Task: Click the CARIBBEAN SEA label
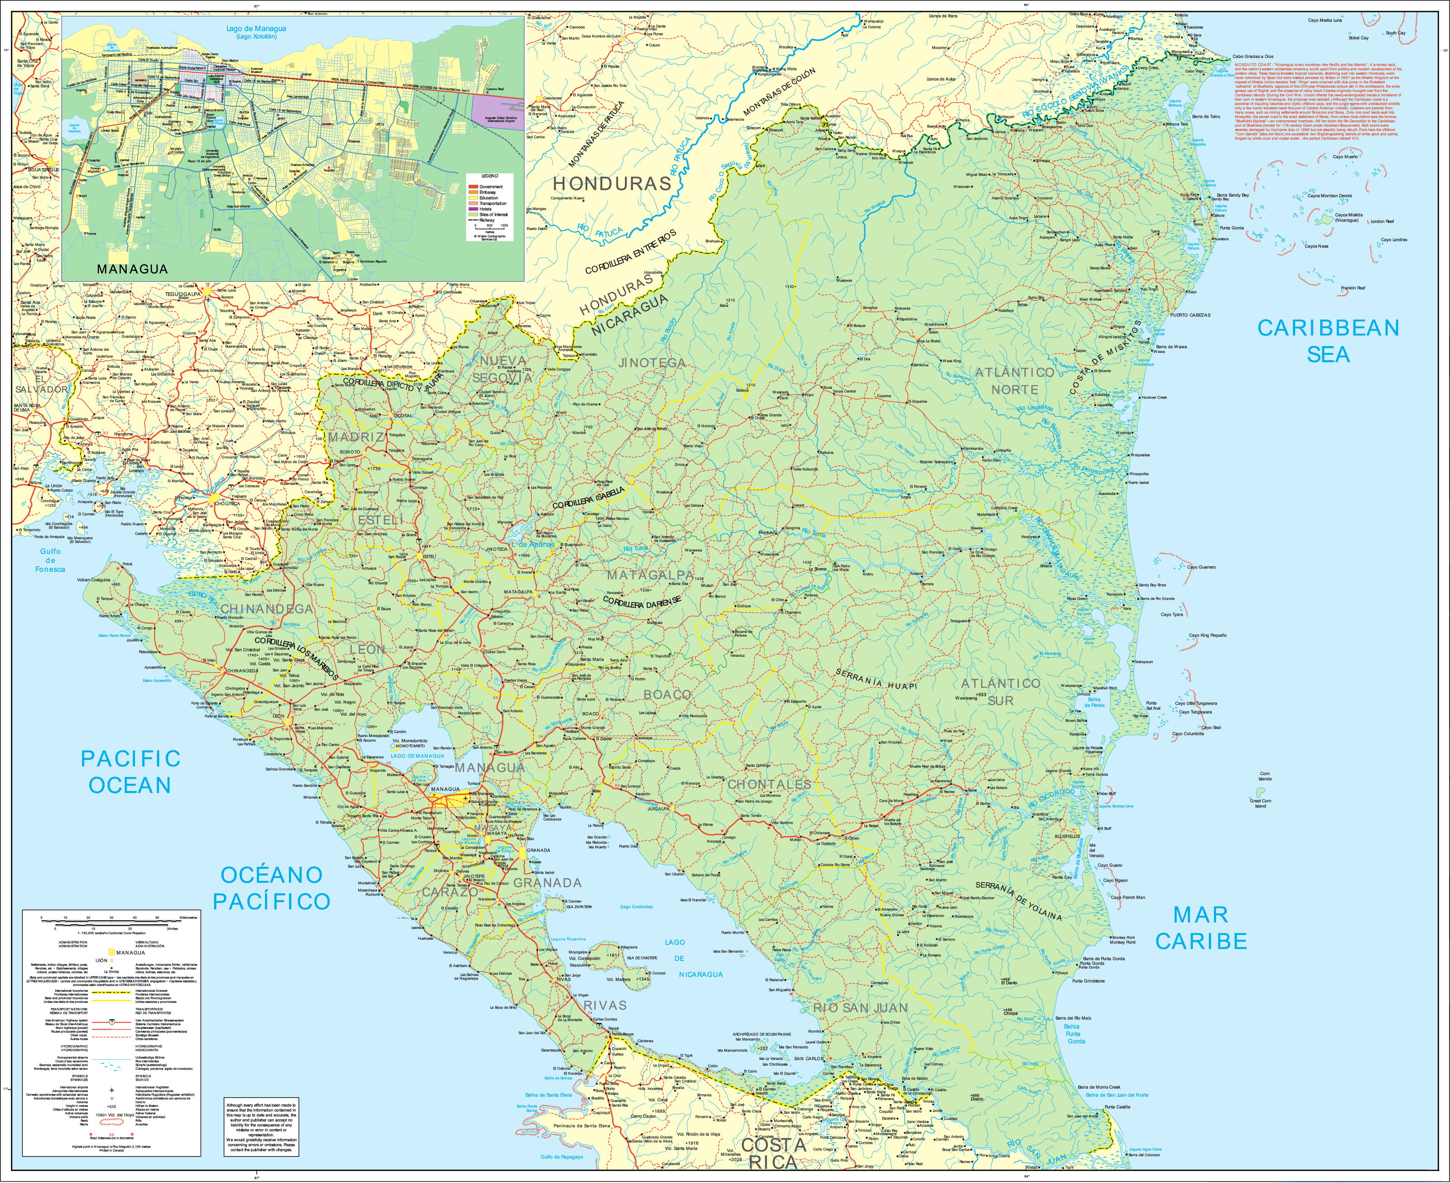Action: click(x=1327, y=341)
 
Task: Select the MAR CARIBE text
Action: click(x=1201, y=928)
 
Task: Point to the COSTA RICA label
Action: click(x=773, y=1154)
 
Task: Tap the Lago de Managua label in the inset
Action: click(x=256, y=31)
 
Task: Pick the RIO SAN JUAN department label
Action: click(x=861, y=1008)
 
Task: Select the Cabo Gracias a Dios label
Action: click(x=1252, y=57)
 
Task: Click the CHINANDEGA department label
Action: click(x=266, y=609)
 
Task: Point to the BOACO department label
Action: click(x=667, y=694)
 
